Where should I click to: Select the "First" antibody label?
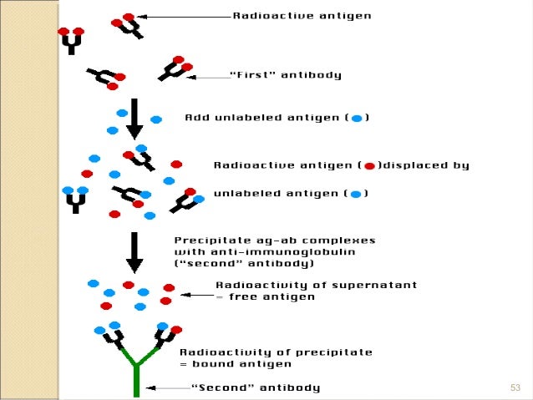pos(285,76)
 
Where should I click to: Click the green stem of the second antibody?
pos(135,381)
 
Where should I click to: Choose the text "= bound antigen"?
pos(235,363)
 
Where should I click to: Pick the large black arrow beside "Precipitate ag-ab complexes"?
pos(134,251)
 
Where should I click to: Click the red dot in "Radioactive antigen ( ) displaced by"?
pos(369,166)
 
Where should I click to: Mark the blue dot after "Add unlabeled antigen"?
pos(356,119)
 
